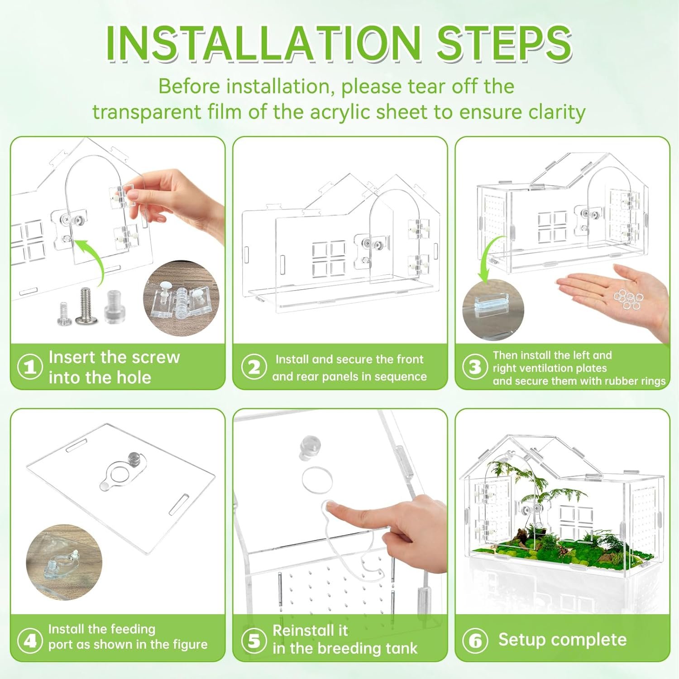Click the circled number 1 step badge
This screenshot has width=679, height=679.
(30, 366)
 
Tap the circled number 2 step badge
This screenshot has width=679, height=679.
(254, 367)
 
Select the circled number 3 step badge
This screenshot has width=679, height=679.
(475, 367)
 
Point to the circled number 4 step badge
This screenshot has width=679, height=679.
(30, 640)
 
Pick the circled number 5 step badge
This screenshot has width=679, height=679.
(254, 640)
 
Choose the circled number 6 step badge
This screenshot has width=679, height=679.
(475, 640)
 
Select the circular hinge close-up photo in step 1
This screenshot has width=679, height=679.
(181, 298)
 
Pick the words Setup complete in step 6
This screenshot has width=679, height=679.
(562, 640)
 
